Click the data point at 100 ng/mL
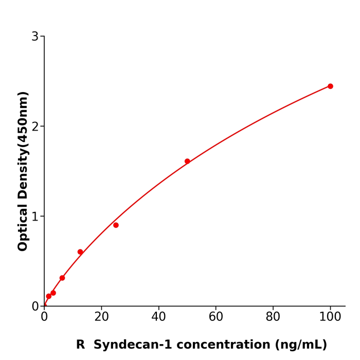pyautogui.click(x=330, y=86)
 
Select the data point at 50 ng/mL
pyautogui.click(x=187, y=161)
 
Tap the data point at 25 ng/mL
pyautogui.click(x=116, y=225)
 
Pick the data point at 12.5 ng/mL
pyautogui.click(x=80, y=252)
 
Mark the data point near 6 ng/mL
pyautogui.click(x=62, y=278)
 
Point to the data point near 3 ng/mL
pyautogui.click(x=53, y=293)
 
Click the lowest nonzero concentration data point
pyautogui.click(x=48, y=296)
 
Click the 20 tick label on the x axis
pyautogui.click(x=101, y=317)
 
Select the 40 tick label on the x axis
pyautogui.click(x=158, y=317)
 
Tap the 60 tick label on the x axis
pyautogui.click(x=216, y=317)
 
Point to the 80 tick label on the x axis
pyautogui.click(x=273, y=317)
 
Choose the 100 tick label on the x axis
pyautogui.click(x=330, y=317)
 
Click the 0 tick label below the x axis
pyautogui.click(x=44, y=317)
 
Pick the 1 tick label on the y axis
pyautogui.click(x=35, y=217)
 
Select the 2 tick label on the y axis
pyautogui.click(x=35, y=127)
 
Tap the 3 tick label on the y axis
pyautogui.click(x=35, y=37)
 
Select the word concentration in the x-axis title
pyautogui.click(x=220, y=345)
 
